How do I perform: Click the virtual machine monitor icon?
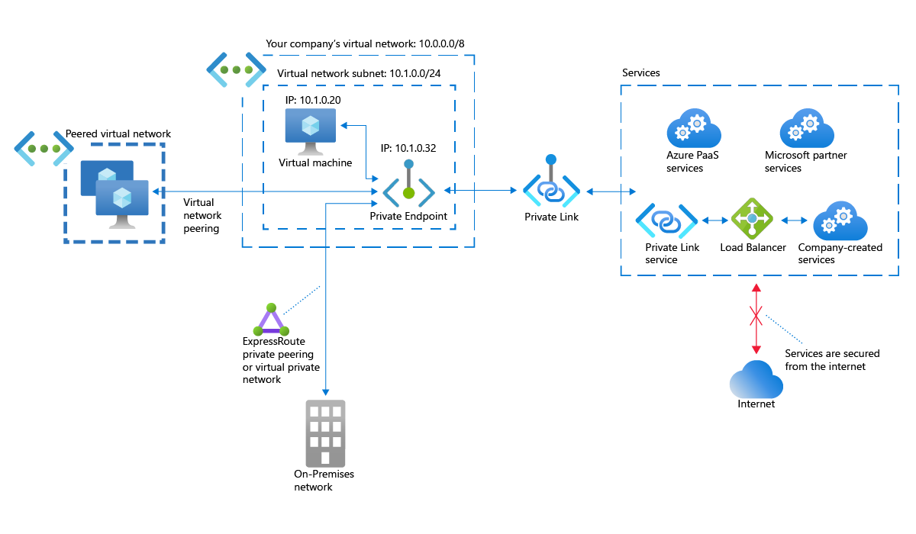click(310, 130)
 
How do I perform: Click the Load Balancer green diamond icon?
click(752, 220)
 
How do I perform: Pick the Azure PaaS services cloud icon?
click(693, 128)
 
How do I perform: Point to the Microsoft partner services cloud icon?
click(807, 128)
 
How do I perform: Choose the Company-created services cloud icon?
click(840, 222)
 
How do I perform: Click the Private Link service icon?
click(666, 221)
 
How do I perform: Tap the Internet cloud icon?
click(756, 379)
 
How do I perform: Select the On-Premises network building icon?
click(325, 433)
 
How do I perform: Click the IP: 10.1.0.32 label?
click(408, 148)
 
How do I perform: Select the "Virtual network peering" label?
click(202, 215)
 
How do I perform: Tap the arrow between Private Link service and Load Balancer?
click(715, 220)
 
